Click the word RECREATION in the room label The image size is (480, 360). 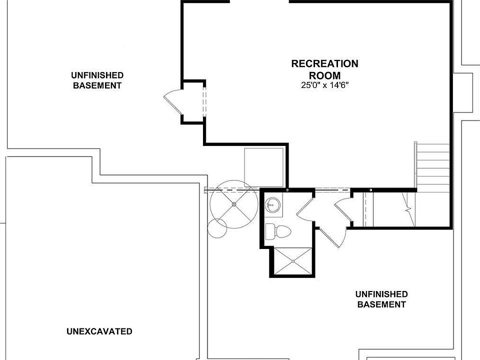[x=324, y=64]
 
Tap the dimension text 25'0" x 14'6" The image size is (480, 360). [x=324, y=85]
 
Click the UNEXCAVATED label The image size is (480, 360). [x=99, y=331]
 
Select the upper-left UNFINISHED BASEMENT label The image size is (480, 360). [x=97, y=80]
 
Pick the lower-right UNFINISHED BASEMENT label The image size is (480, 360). [x=381, y=299]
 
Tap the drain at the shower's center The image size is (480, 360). [x=292, y=261]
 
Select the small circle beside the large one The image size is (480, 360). [x=217, y=228]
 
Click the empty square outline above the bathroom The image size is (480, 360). [x=263, y=167]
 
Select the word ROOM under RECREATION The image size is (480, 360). [x=324, y=75]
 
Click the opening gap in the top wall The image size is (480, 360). [x=259, y=2]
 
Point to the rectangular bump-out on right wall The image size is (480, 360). [x=469, y=92]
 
